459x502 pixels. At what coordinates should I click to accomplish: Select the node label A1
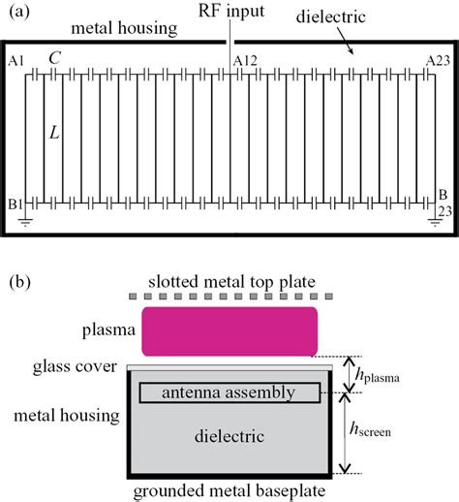click(15, 61)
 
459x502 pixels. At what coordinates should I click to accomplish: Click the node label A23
click(440, 61)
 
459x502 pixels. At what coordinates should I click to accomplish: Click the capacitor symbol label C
click(54, 59)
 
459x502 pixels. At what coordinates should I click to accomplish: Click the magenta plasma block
click(230, 331)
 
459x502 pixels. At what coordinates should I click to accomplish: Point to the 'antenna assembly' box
click(229, 392)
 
